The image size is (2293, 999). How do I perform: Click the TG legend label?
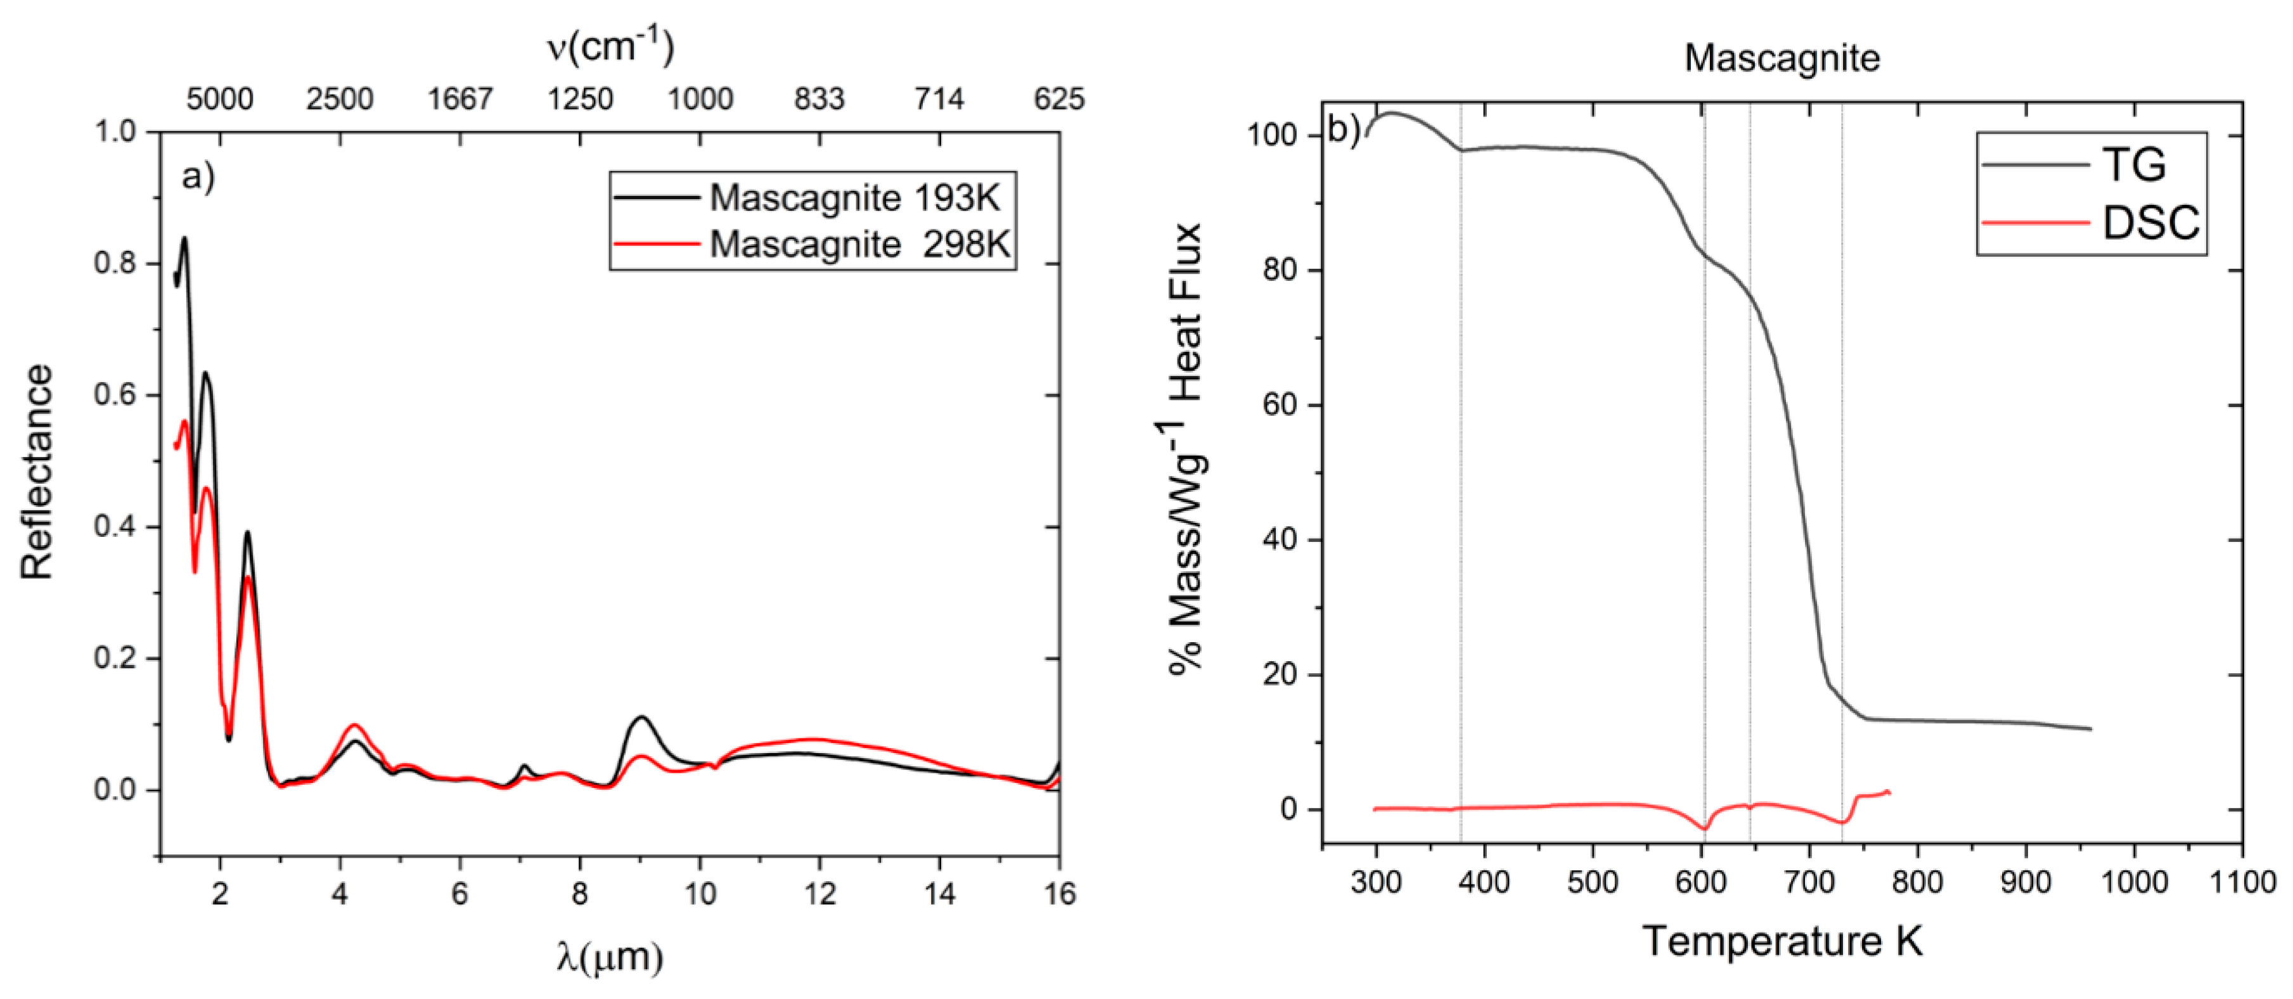click(2134, 165)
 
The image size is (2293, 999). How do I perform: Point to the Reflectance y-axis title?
click(37, 472)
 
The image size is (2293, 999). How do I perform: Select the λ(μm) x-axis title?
click(610, 957)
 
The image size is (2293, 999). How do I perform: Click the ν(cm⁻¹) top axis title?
click(610, 46)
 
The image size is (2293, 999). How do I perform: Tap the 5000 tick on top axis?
click(219, 99)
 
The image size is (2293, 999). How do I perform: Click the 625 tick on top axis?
click(1058, 99)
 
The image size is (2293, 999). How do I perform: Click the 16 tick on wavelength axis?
click(1059, 894)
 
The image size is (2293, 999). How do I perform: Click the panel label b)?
click(1343, 130)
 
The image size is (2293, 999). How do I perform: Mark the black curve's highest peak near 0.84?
click(184, 238)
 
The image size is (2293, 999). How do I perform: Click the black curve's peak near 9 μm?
click(641, 717)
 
